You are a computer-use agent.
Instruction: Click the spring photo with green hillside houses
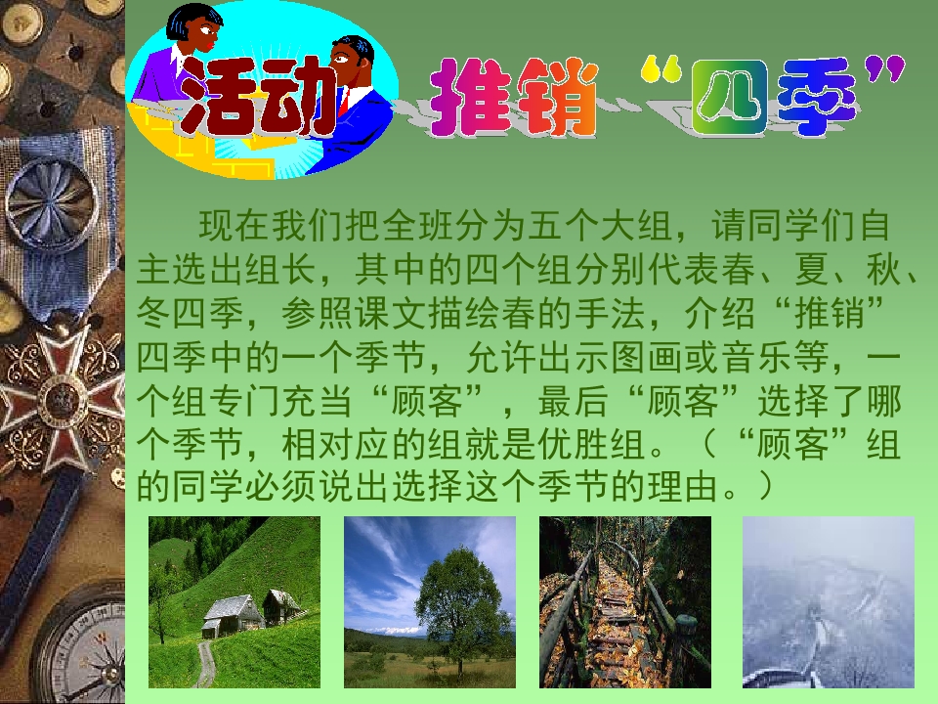click(x=234, y=601)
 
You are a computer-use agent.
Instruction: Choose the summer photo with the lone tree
click(x=429, y=601)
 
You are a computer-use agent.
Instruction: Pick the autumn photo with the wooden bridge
click(x=624, y=601)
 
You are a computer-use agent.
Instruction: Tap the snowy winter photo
click(x=828, y=601)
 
